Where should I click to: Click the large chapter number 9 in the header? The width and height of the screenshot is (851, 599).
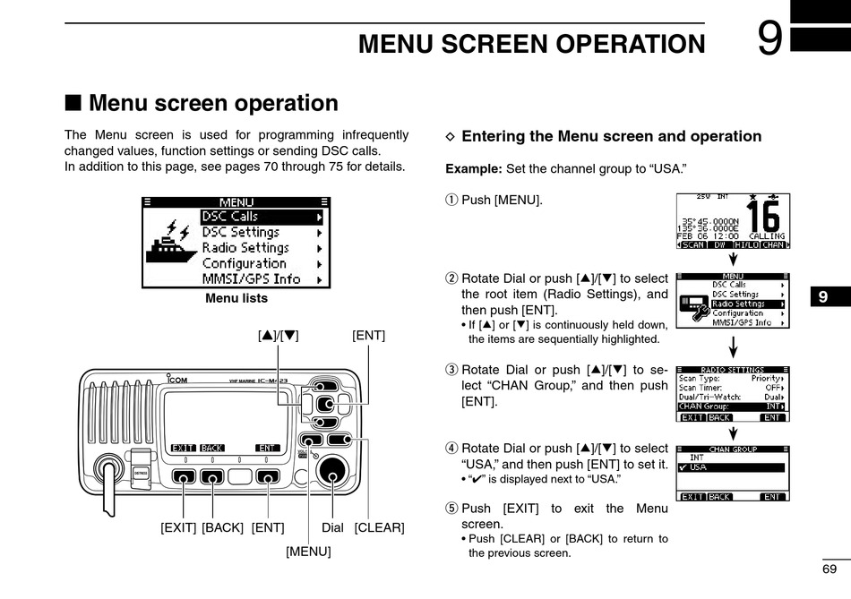click(x=769, y=39)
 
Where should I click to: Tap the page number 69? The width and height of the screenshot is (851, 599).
click(x=830, y=569)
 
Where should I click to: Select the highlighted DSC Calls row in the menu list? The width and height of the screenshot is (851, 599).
click(x=261, y=217)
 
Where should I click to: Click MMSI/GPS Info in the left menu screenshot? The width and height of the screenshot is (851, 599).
click(x=251, y=278)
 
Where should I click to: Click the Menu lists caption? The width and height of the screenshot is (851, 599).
click(x=236, y=298)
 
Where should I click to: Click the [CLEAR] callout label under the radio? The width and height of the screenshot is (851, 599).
click(x=380, y=527)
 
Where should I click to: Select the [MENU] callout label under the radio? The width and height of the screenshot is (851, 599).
click(x=308, y=552)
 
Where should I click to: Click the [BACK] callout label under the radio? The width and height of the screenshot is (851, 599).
click(x=222, y=527)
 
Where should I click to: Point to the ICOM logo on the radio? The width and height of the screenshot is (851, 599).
click(x=177, y=380)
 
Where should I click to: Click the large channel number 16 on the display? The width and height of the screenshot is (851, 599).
click(x=763, y=218)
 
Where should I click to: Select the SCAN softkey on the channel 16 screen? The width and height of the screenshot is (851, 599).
click(x=692, y=244)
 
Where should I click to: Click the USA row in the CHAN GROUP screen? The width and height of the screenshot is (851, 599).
click(x=731, y=467)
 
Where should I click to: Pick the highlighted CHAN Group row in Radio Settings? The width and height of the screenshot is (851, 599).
click(x=731, y=406)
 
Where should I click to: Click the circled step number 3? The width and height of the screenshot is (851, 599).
click(x=451, y=371)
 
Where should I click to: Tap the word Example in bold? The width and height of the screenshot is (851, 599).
click(x=474, y=168)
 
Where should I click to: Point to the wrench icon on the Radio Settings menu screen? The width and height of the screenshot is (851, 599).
click(x=694, y=305)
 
